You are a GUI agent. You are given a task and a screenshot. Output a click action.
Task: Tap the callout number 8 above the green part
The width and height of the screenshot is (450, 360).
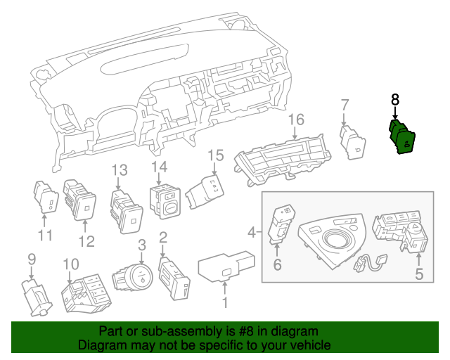tap(395, 100)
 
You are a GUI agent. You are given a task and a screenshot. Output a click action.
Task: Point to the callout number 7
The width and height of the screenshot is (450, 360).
tap(345, 105)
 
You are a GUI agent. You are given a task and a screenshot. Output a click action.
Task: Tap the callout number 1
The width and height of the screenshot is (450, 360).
tap(225, 304)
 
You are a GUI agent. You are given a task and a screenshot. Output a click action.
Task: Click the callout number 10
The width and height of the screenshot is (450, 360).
tap(71, 264)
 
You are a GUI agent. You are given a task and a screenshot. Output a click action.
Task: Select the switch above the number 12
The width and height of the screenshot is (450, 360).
tap(79, 199)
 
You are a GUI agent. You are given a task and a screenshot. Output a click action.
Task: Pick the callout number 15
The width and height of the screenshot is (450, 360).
tap(214, 155)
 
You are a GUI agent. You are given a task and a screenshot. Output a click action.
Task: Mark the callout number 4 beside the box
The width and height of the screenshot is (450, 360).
tap(252, 231)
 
